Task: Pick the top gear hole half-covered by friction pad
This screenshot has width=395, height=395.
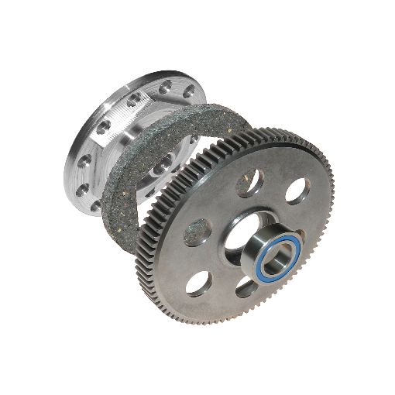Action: tap(249, 182)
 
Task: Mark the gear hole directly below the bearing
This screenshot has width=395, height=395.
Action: tap(246, 289)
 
